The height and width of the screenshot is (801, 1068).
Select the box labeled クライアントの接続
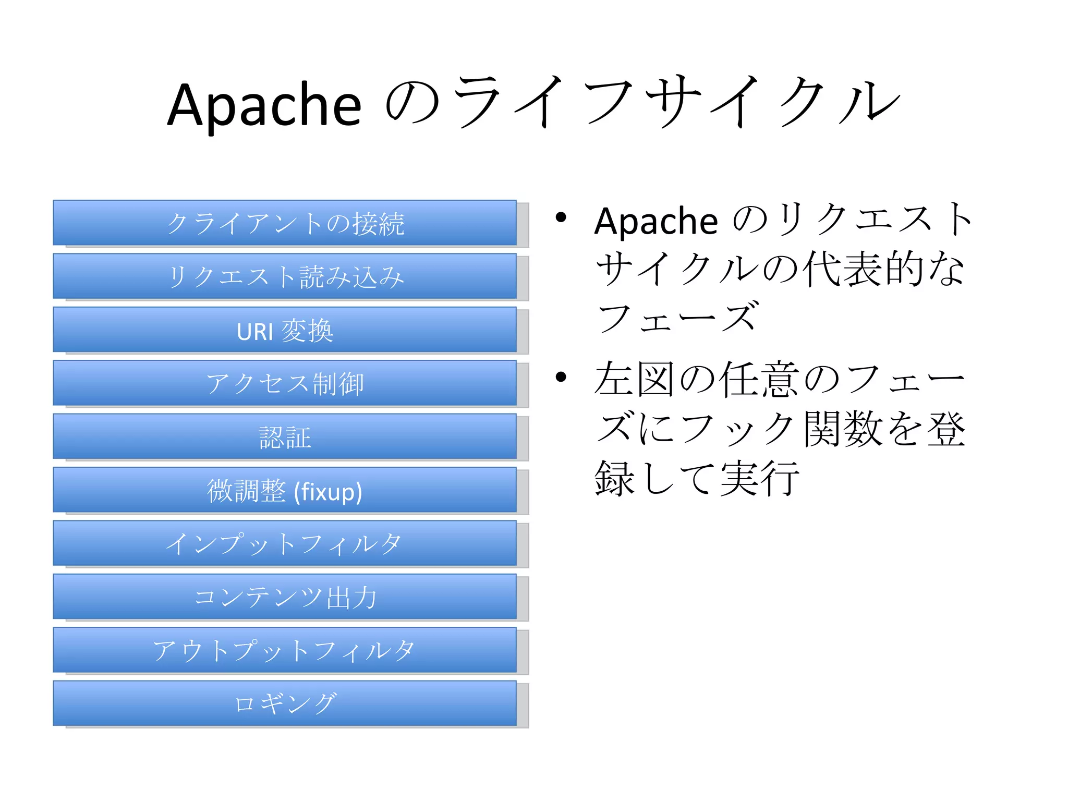pyautogui.click(x=285, y=223)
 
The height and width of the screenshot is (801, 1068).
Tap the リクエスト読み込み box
pyautogui.click(x=285, y=276)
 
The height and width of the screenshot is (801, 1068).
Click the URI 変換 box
pyautogui.click(x=285, y=330)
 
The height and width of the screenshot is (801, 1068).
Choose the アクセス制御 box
pyautogui.click(x=285, y=383)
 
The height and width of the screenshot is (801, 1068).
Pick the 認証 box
pyautogui.click(x=285, y=437)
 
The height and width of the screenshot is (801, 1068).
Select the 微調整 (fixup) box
pyautogui.click(x=285, y=490)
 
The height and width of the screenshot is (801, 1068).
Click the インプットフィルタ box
pyautogui.click(x=285, y=544)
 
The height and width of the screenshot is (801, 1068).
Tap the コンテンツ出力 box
pyautogui.click(x=285, y=597)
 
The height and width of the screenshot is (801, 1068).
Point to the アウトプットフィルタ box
pyautogui.click(x=285, y=650)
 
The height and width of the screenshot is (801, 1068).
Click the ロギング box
pyautogui.click(x=285, y=703)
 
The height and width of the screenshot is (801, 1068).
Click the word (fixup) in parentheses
pyautogui.click(x=328, y=492)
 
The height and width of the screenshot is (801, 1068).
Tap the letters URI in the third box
pyautogui.click(x=255, y=332)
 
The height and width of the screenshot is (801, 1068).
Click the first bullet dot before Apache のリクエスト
pyautogui.click(x=561, y=217)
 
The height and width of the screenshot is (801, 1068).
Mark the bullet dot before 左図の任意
pyautogui.click(x=561, y=377)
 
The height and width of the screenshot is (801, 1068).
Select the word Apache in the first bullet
pyautogui.click(x=656, y=222)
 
